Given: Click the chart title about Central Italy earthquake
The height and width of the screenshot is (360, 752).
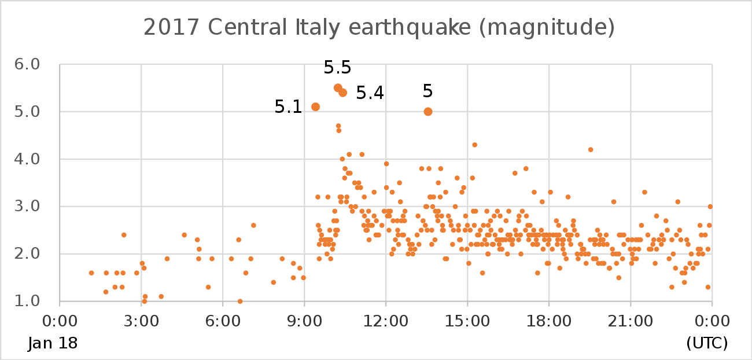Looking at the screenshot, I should coord(378,27).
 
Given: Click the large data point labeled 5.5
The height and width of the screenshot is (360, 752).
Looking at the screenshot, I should coord(338,88).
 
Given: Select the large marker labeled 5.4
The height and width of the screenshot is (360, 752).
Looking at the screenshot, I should coord(342,93).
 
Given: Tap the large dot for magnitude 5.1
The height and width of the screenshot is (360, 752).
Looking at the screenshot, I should coord(315,106).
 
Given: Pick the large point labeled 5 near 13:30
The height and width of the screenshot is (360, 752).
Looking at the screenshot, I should coord(428,111).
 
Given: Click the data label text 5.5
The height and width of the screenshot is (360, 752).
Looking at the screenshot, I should coord(337,68).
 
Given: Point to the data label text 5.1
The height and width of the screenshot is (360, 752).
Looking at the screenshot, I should coord(288,107).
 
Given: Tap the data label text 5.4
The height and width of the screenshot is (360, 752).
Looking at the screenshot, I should coord(370,93).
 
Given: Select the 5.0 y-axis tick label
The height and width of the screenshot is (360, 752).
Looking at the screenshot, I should coord(27,111).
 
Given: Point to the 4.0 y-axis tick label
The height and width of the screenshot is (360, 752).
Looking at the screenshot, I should coord(27,159).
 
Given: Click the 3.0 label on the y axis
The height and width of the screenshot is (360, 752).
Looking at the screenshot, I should coord(27,206).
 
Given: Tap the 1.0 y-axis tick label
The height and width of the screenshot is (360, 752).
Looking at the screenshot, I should coord(27,301).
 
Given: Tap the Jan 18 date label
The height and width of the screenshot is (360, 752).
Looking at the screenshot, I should coord(53,343).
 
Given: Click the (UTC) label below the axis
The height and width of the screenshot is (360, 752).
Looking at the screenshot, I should coord(707,343).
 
